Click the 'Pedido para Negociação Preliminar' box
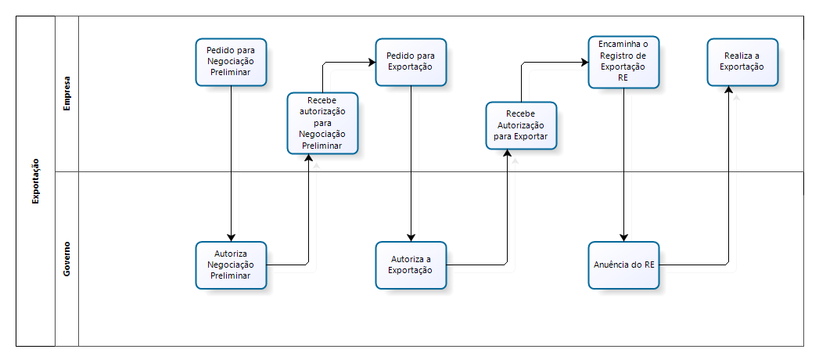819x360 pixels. point(231,61)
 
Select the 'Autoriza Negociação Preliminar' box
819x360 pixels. point(231,265)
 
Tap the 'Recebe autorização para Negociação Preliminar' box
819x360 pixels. point(322,123)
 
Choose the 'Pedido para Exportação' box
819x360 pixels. point(411,61)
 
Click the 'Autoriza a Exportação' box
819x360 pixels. point(411,265)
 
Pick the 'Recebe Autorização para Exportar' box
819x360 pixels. point(521,124)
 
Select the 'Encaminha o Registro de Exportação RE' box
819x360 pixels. point(623,61)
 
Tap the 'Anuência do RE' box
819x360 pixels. point(623,265)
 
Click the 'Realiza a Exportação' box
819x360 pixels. point(743,61)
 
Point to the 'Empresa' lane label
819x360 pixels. point(67,93)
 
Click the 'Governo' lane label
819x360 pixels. point(67,259)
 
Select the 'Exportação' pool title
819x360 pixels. point(36,181)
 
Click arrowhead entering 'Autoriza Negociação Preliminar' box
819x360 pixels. point(231,237)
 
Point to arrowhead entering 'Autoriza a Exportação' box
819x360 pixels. point(411,237)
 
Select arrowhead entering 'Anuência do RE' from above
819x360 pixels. point(623,237)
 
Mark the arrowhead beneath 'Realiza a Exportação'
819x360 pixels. point(729,90)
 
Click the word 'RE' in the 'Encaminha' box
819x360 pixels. point(623,77)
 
